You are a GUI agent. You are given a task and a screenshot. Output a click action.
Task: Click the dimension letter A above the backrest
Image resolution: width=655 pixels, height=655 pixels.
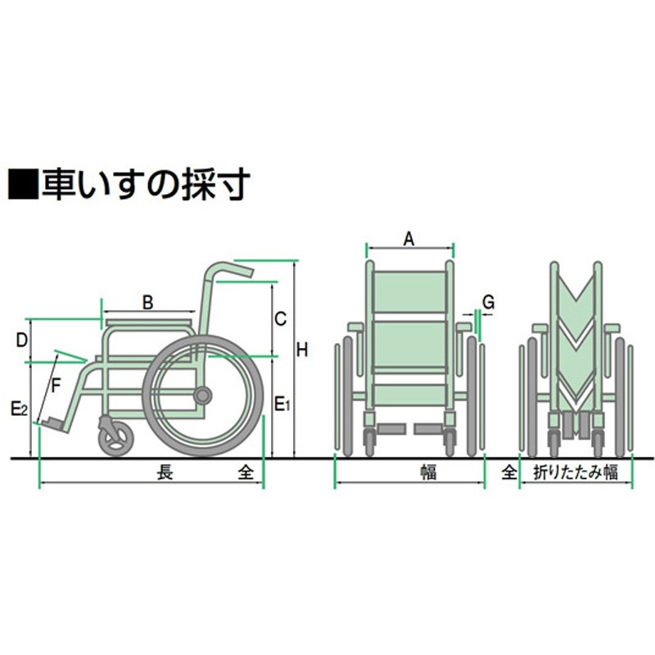(410, 239)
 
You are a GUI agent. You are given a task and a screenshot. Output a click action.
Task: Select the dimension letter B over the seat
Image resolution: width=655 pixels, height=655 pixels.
(147, 302)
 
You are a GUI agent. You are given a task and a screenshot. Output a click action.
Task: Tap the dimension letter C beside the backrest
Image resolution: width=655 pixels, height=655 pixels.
(280, 318)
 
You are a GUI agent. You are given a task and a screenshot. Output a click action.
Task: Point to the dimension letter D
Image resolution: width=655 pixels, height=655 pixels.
(23, 338)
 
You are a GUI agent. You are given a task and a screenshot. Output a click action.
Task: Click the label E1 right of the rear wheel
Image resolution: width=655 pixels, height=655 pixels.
(281, 404)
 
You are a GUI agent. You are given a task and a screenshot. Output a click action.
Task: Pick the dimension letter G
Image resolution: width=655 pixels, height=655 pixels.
(488, 302)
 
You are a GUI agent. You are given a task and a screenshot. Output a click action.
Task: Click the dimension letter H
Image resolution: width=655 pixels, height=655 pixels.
(302, 350)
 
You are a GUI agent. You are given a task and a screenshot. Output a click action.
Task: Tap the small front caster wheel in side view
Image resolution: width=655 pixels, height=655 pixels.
(115, 436)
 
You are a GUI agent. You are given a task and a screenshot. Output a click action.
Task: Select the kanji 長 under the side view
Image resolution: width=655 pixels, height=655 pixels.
(165, 472)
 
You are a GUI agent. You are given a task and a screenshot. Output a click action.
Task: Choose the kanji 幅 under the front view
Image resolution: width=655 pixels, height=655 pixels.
(429, 472)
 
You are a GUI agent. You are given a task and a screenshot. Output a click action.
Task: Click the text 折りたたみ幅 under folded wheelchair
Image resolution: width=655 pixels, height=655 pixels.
(575, 472)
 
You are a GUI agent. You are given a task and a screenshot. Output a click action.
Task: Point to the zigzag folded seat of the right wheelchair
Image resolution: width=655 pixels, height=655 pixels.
(576, 336)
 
